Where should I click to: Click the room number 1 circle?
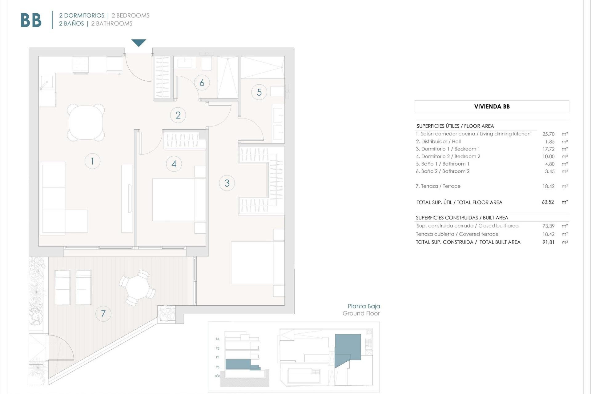[x=92, y=161]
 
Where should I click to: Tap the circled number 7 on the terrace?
[x=103, y=314]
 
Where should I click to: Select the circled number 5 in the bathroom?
[x=259, y=92]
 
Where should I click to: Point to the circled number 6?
[x=202, y=82]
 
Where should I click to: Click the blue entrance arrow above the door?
[x=139, y=42]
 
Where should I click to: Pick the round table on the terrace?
[x=138, y=287]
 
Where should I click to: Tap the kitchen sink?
[x=47, y=82]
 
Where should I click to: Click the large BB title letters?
[x=31, y=20]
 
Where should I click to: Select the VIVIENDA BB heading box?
[x=492, y=107]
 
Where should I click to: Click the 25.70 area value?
[x=548, y=134]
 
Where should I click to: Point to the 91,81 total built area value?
[x=548, y=242]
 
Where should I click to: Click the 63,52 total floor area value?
[x=548, y=202]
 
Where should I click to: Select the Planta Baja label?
[x=364, y=306]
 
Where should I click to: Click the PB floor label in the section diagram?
[x=218, y=367]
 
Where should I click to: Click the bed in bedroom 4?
[x=179, y=199]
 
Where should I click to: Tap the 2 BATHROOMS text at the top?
[x=112, y=24]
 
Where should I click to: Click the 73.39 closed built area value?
[x=548, y=226]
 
